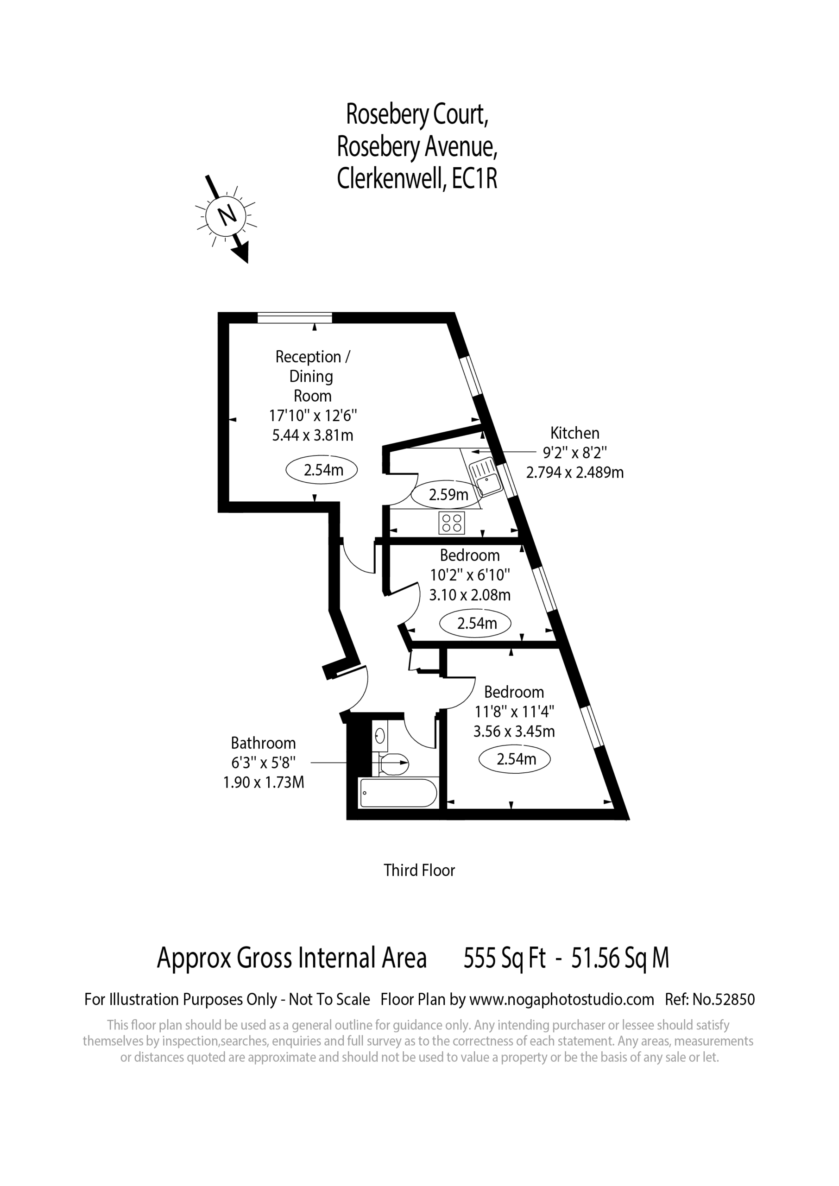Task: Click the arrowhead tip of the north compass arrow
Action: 247,263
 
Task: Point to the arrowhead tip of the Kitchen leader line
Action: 486,453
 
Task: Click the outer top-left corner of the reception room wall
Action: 219,313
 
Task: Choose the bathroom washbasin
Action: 380,735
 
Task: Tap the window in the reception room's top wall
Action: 295,317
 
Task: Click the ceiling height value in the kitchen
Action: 448,495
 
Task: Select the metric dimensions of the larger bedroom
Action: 514,732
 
